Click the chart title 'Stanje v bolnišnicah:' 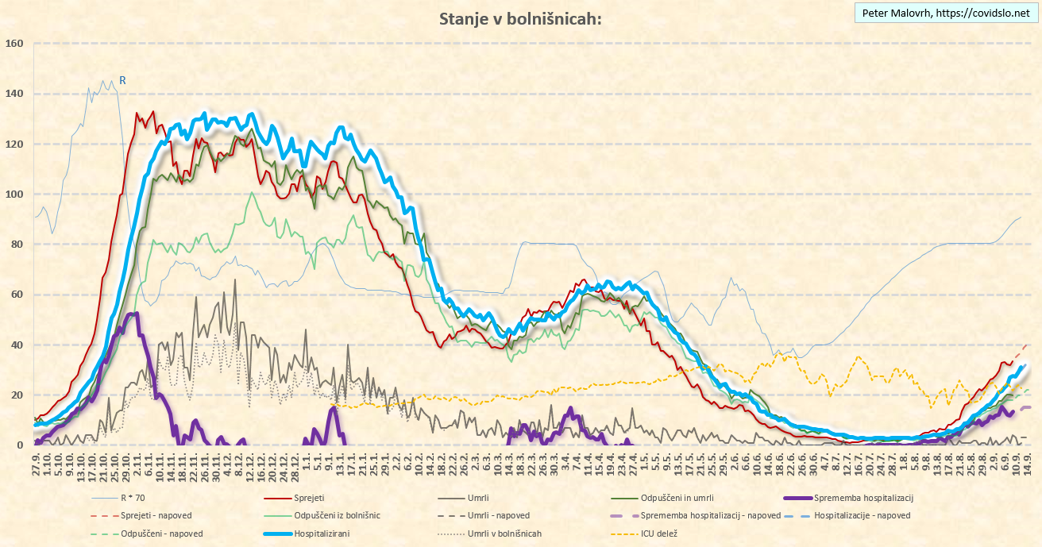pyautogui.click(x=520, y=19)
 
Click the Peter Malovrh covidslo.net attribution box pyautogui.click(x=945, y=13)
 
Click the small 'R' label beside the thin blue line pyautogui.click(x=122, y=80)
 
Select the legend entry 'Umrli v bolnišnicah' pyautogui.click(x=504, y=534)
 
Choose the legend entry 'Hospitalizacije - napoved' pyautogui.click(x=862, y=516)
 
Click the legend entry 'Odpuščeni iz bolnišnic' pyautogui.click(x=337, y=516)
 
